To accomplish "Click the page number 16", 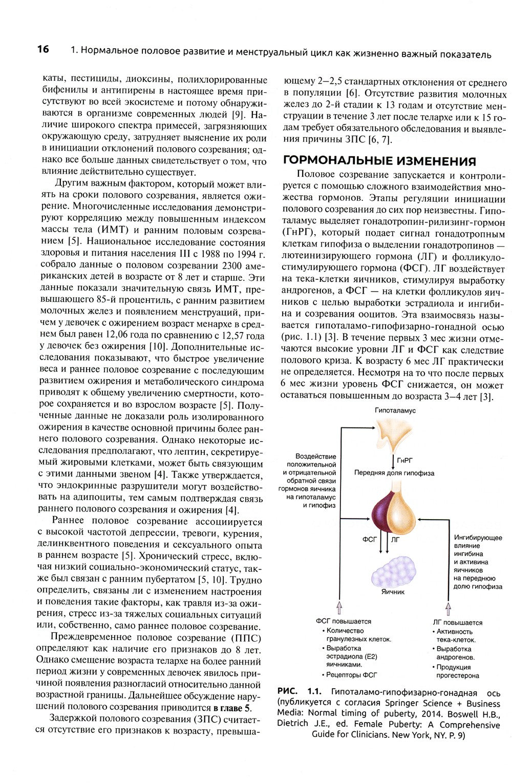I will click(42, 50).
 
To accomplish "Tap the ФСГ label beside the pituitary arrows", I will click(370, 539).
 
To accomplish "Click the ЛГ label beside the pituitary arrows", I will click(395, 540).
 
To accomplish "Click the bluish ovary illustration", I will click(392, 569).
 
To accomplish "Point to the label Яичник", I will click(393, 591).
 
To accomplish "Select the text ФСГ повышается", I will click(343, 622).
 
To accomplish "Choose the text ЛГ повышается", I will click(457, 623).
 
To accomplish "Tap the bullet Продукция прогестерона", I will click(456, 671).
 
